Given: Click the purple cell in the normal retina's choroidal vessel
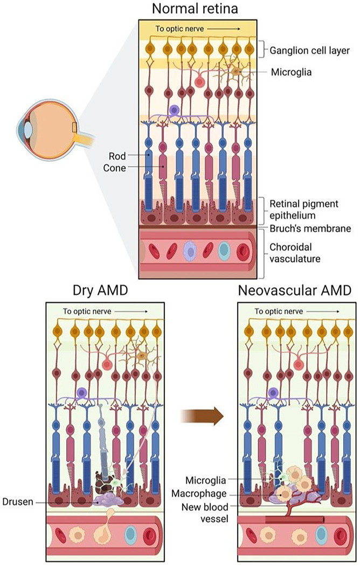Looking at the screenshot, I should [x=191, y=251].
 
